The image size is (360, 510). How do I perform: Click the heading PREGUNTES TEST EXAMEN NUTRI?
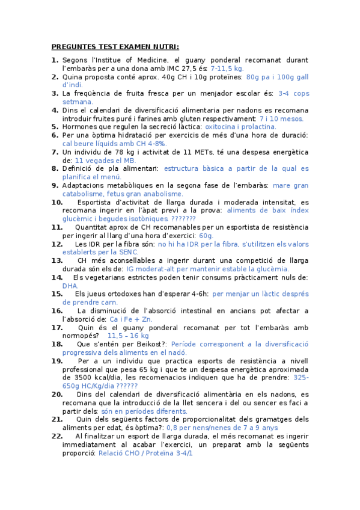point(115,47)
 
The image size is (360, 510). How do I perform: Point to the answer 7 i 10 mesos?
point(281,118)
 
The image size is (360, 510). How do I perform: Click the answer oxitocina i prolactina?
point(240,127)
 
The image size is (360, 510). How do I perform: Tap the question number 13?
point(57,261)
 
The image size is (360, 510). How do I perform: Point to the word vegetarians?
point(108,277)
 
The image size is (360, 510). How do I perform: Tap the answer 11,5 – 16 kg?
point(130,336)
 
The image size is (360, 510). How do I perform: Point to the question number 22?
point(57,435)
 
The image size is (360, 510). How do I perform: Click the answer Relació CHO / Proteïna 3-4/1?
point(145,452)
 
